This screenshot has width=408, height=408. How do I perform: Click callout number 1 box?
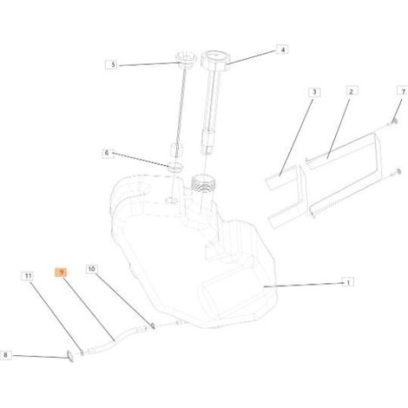(348, 282)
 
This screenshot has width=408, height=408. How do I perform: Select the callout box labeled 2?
(352, 92)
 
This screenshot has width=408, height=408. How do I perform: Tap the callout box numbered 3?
(314, 92)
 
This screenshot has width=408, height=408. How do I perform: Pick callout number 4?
(282, 49)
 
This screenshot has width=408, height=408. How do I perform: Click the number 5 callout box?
(112, 64)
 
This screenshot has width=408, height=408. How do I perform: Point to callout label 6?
(107, 153)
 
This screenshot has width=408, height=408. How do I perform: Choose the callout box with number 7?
(403, 91)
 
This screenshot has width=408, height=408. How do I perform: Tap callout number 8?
(5, 355)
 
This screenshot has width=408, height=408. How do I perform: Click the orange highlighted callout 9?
(61, 273)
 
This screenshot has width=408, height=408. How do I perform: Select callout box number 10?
(92, 269)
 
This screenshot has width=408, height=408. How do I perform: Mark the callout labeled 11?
(28, 276)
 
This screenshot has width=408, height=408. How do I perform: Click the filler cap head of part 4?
(214, 59)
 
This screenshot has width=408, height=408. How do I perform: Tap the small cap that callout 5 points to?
(185, 60)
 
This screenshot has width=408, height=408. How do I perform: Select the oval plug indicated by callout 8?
(70, 357)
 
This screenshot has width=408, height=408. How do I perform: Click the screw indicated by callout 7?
(393, 122)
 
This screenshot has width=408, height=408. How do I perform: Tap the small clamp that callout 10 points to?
(153, 326)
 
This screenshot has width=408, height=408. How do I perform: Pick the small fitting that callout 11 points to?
(82, 352)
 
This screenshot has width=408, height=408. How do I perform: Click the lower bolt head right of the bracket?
(398, 172)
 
